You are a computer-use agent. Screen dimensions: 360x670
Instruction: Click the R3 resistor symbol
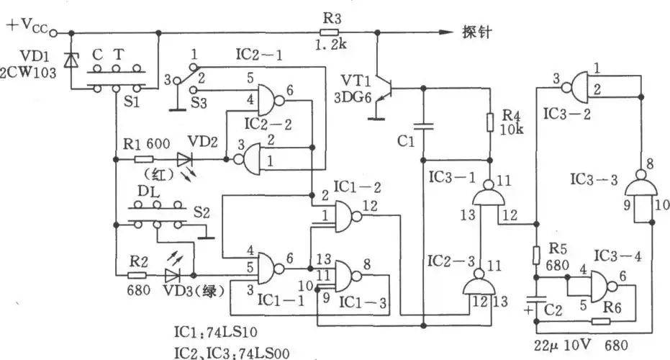(x=329, y=32)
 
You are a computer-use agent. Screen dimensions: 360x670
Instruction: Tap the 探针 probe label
(x=476, y=32)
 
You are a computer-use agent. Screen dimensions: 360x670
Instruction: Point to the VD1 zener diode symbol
(x=70, y=60)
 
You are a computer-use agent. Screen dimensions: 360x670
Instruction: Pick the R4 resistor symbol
(x=489, y=122)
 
